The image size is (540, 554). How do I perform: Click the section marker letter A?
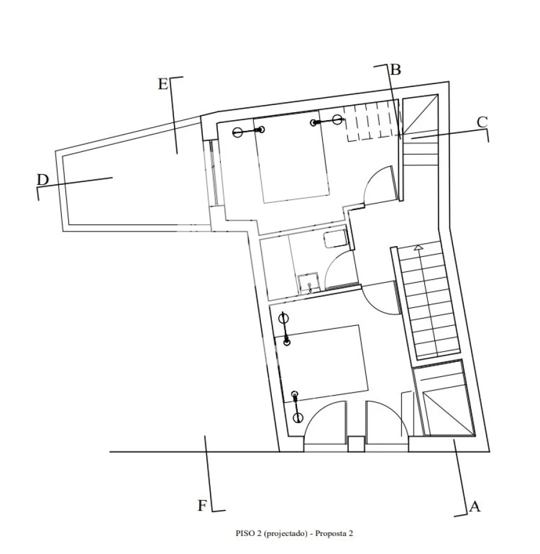coord(475,507)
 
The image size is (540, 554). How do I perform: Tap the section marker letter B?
coord(395,70)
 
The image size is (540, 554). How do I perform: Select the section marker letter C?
coord(482,121)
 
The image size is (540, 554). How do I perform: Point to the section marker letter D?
coord(42,179)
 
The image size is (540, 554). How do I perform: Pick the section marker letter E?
coord(163,84)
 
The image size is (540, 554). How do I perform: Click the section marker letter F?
coord(203,506)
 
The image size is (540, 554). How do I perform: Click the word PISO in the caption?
coord(244,533)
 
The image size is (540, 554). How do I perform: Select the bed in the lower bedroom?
coord(324,363)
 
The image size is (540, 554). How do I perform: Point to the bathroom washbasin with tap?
coord(308,283)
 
